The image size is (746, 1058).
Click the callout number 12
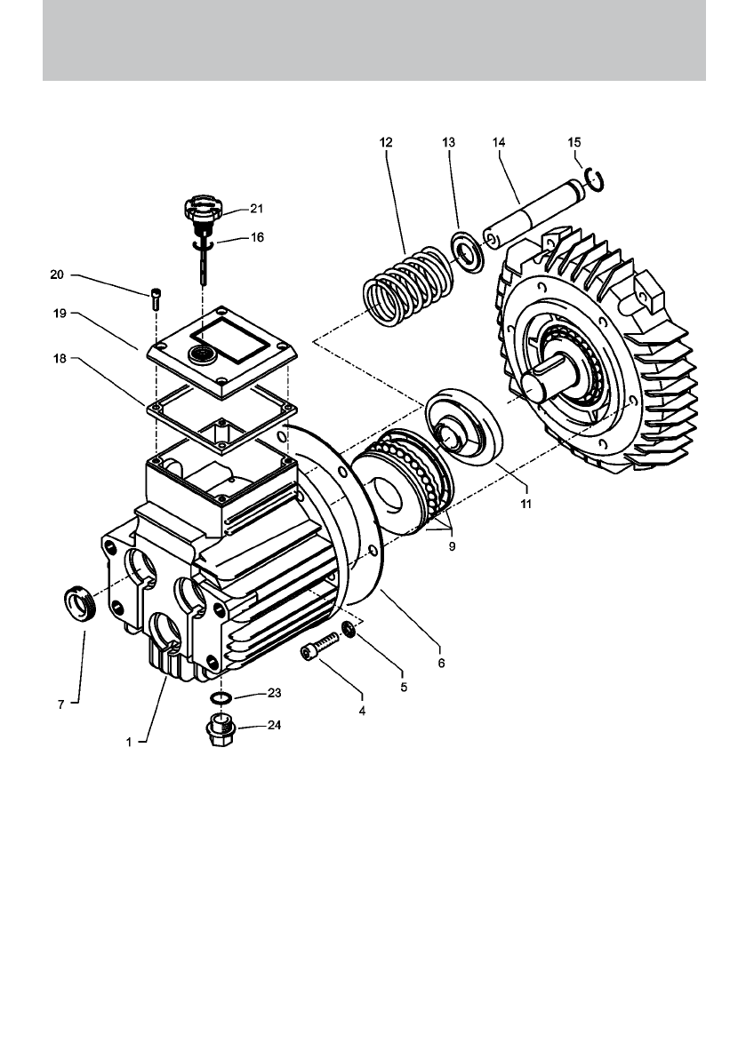pyautogui.click(x=386, y=142)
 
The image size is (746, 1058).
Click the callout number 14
pyautogui.click(x=497, y=142)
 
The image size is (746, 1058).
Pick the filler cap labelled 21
pyautogui.click(x=202, y=213)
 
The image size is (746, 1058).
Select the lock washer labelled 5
pyautogui.click(x=349, y=631)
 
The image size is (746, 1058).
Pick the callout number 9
pyautogui.click(x=452, y=546)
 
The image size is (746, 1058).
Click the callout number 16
pyautogui.click(x=256, y=238)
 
